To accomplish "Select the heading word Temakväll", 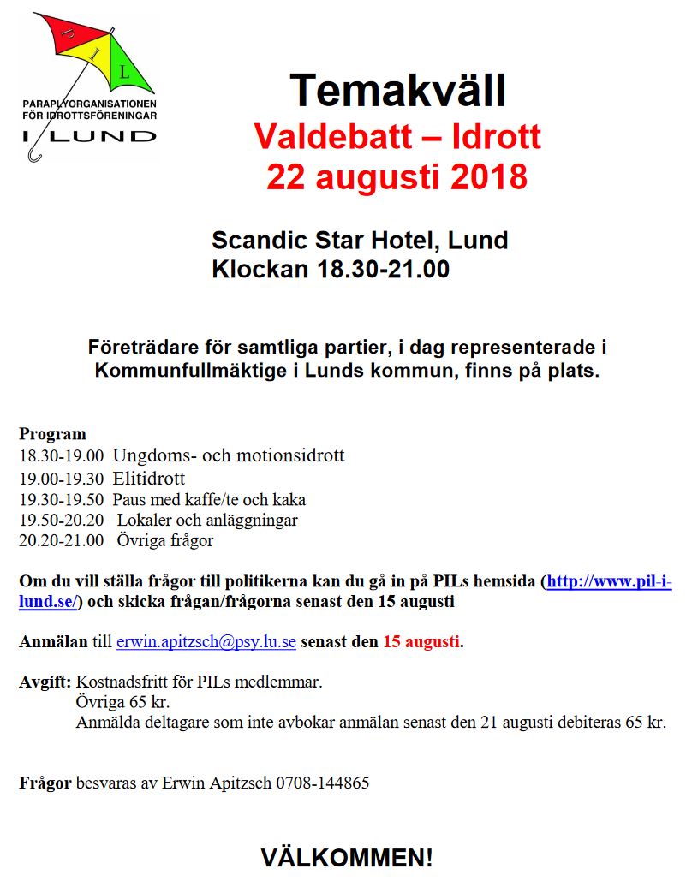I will [x=397, y=88].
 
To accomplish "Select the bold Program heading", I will [x=52, y=434].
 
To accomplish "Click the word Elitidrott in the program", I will [x=148, y=479].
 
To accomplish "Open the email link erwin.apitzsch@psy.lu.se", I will [x=206, y=641].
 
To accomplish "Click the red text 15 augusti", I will [x=421, y=641].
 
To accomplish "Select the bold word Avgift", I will [x=45, y=682].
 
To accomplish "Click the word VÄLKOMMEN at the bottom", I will [x=347, y=857].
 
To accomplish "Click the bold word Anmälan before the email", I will [x=52, y=641].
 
